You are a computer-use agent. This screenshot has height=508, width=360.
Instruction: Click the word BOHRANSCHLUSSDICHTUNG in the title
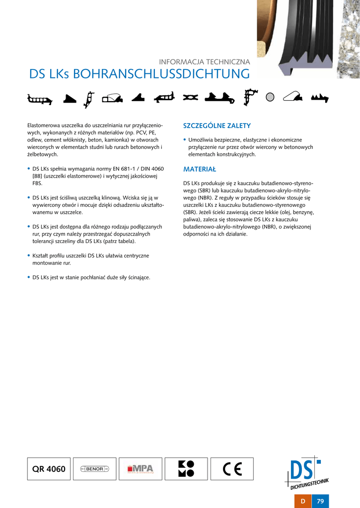tap(161, 74)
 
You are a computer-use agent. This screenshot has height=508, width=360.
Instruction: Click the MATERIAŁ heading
tap(200, 169)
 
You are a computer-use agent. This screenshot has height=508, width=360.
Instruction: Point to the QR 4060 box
tap(49, 469)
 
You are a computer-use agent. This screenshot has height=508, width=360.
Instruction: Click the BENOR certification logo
tap(94, 469)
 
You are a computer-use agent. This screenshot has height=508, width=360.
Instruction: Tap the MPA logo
tap(141, 469)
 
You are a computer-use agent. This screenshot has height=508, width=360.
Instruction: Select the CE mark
tap(232, 469)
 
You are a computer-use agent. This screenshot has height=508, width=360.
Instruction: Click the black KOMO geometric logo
tap(186, 469)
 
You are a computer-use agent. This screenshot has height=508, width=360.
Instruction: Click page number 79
tap(320, 501)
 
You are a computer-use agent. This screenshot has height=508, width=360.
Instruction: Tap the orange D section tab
tap(303, 501)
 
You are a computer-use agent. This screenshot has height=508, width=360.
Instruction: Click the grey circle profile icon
tap(270, 97)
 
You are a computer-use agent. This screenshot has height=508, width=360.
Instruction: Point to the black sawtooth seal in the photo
tap(298, 50)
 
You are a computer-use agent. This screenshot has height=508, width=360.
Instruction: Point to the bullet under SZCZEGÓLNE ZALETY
tap(185, 140)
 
